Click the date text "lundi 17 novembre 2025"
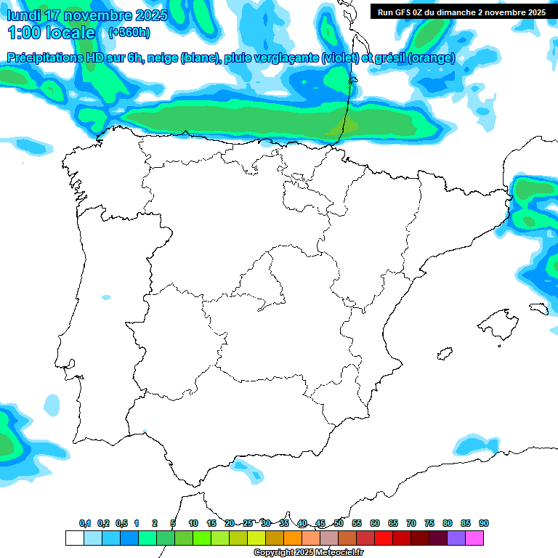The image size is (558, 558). point(87,15)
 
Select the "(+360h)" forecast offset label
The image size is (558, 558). point(129,33)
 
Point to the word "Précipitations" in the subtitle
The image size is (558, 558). point(46,58)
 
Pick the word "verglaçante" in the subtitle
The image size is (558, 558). point(287,58)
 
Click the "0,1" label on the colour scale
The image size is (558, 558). point(85,523)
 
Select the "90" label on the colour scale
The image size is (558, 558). point(484,523)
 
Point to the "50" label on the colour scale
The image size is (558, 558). point(339,523)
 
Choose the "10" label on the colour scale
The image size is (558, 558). point(193,523)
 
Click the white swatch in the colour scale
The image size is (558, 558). point(75,538)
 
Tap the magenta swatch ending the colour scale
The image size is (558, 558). point(474,538)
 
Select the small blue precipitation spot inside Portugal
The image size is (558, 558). point(107,297)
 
